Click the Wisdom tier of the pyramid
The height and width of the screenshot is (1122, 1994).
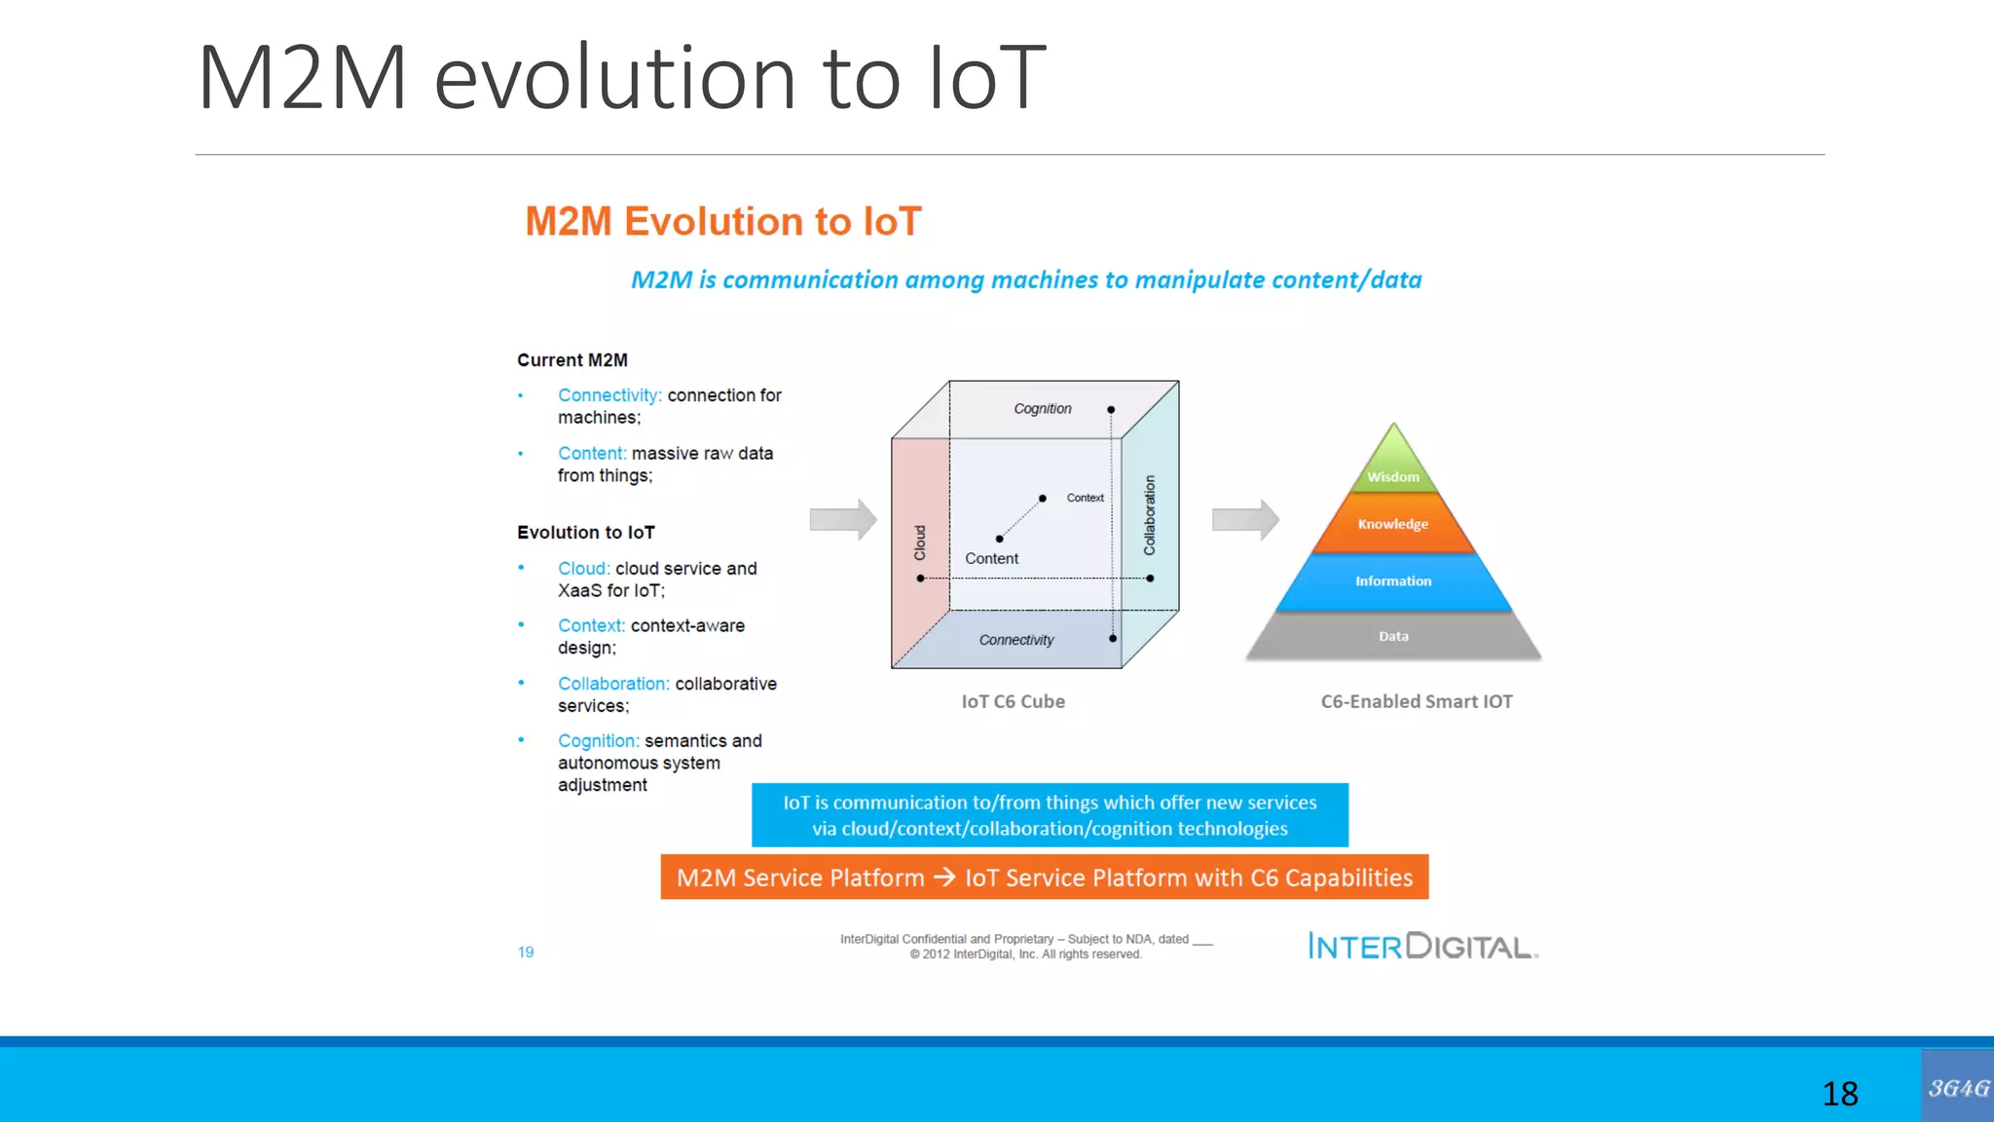(x=1393, y=472)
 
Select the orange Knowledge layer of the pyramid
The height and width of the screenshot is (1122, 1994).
(x=1393, y=524)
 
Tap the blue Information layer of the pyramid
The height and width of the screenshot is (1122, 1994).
(x=1393, y=581)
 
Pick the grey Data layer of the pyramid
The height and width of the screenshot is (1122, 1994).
(x=1393, y=637)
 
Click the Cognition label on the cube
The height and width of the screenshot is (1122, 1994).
(x=1043, y=409)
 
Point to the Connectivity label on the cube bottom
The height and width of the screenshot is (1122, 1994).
(x=1016, y=640)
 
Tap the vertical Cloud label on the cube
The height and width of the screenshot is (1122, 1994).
(x=920, y=542)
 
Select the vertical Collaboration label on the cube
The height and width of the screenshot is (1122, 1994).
(x=1150, y=515)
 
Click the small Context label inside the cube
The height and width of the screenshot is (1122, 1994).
(x=1085, y=498)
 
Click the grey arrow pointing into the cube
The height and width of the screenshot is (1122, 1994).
(x=843, y=519)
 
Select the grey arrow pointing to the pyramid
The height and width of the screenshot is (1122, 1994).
(x=1245, y=519)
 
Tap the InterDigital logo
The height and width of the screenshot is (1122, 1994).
(x=1422, y=946)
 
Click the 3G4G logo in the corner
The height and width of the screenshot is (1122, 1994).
(x=1958, y=1087)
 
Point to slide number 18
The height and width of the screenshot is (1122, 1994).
(x=1840, y=1094)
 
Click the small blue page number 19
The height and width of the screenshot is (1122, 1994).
(x=526, y=952)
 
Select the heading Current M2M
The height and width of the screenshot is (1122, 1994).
(x=572, y=360)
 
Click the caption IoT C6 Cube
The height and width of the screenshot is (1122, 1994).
(x=1013, y=701)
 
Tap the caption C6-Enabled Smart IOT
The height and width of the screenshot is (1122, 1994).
(x=1417, y=701)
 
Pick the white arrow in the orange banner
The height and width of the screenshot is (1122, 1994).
(x=944, y=878)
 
